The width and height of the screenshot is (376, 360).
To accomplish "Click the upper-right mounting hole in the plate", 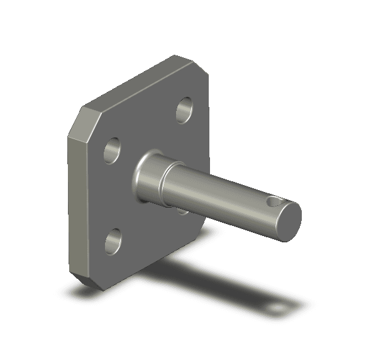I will (x=184, y=110).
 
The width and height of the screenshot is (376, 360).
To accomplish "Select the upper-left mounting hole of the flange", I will (x=113, y=149).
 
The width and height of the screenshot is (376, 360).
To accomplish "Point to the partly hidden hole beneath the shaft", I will (x=183, y=211).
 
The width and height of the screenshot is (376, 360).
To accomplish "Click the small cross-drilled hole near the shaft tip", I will (x=272, y=203).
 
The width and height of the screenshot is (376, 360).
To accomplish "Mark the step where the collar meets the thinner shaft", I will (x=165, y=184).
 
